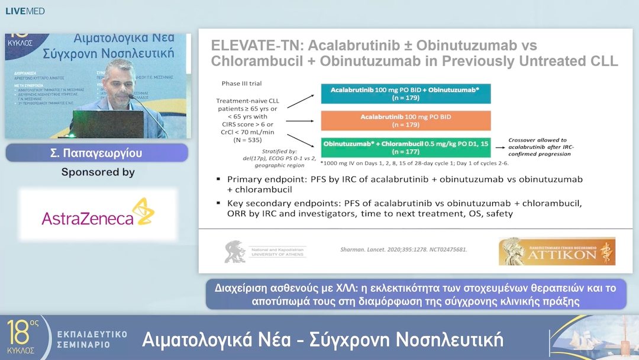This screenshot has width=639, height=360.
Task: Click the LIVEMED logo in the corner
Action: [25, 11]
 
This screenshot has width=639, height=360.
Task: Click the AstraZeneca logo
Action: [98, 214]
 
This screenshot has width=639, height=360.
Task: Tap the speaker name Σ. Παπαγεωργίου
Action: [96, 153]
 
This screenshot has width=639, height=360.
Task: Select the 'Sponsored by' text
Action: [98, 172]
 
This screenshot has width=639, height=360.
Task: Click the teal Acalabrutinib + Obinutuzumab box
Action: [405, 94]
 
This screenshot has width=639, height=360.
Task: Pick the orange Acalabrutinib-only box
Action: [405, 121]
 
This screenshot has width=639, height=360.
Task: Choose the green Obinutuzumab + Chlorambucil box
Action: [405, 147]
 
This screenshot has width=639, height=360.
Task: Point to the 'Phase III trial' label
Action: [241, 83]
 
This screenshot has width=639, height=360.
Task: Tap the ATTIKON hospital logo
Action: [556, 251]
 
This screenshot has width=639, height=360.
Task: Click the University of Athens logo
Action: [264, 251]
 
